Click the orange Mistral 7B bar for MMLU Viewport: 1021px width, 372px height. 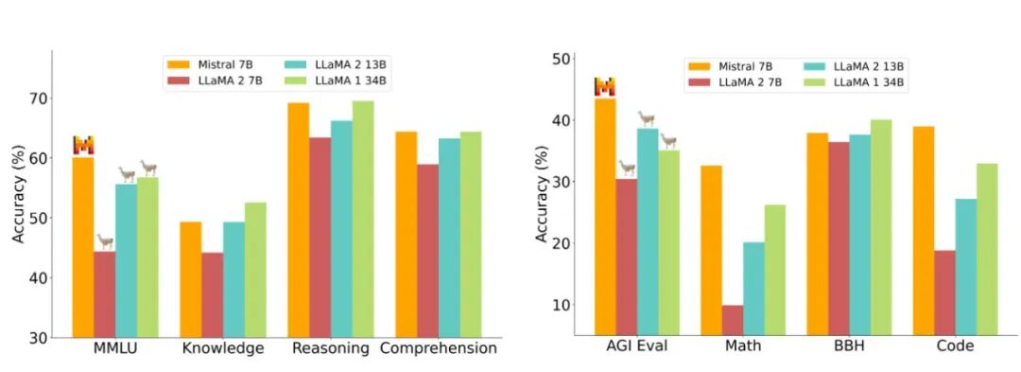(x=82, y=248)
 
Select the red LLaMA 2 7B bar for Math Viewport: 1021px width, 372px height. (x=732, y=320)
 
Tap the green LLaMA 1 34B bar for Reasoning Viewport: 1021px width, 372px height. (x=363, y=219)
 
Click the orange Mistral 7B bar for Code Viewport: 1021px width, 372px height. (x=924, y=231)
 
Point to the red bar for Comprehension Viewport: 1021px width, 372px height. (x=427, y=251)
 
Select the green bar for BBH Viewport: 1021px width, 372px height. (x=881, y=227)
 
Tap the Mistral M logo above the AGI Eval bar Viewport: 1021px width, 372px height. (x=604, y=87)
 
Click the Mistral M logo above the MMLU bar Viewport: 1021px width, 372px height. (x=83, y=145)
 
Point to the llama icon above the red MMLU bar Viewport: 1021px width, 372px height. (x=105, y=241)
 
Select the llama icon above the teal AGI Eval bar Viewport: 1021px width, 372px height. (x=646, y=118)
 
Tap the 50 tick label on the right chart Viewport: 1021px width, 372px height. (x=561, y=60)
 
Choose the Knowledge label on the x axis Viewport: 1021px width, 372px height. (x=223, y=348)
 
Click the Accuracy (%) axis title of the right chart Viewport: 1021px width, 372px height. (x=542, y=195)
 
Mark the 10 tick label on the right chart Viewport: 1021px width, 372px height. (x=561, y=305)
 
